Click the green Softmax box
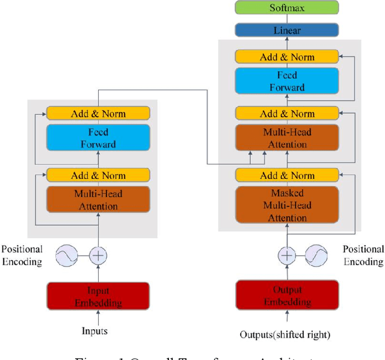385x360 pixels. [287, 8]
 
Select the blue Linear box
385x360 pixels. [287, 29]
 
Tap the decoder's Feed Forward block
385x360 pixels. [287, 82]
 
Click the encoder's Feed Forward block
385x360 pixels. [97, 138]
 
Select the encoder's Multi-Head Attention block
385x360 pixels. [97, 200]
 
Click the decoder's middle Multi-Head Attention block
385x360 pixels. [287, 139]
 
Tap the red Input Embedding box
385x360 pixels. [97, 297]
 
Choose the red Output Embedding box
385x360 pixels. [287, 297]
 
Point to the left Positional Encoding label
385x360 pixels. [22, 255]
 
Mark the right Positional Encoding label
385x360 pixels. [363, 255]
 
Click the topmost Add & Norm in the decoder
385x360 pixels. [287, 57]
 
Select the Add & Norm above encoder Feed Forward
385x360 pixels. [97, 113]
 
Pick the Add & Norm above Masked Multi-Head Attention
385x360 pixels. [287, 176]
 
